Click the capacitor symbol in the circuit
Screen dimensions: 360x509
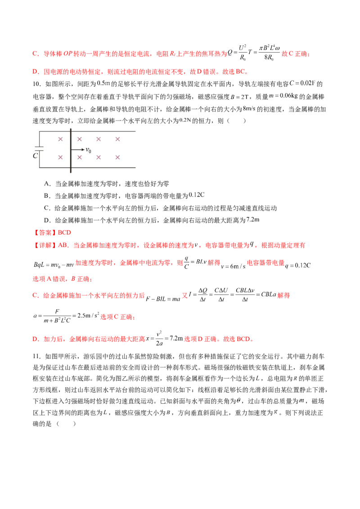click(39, 148)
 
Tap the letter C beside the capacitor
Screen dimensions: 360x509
click(35, 156)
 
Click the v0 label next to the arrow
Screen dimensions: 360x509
click(88, 150)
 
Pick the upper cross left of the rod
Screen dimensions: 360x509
click(60, 139)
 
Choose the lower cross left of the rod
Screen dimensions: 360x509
click(60, 157)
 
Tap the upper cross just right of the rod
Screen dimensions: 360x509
click(80, 139)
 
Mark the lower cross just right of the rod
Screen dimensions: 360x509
click(80, 157)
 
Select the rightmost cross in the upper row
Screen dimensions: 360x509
click(117, 139)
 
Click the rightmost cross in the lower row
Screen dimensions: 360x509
click(117, 157)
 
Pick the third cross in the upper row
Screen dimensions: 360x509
click(99, 139)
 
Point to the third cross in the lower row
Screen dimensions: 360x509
click(99, 157)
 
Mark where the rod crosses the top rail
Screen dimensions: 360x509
click(71, 131)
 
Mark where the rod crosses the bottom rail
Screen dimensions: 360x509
click(71, 167)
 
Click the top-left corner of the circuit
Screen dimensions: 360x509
click(39, 131)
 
